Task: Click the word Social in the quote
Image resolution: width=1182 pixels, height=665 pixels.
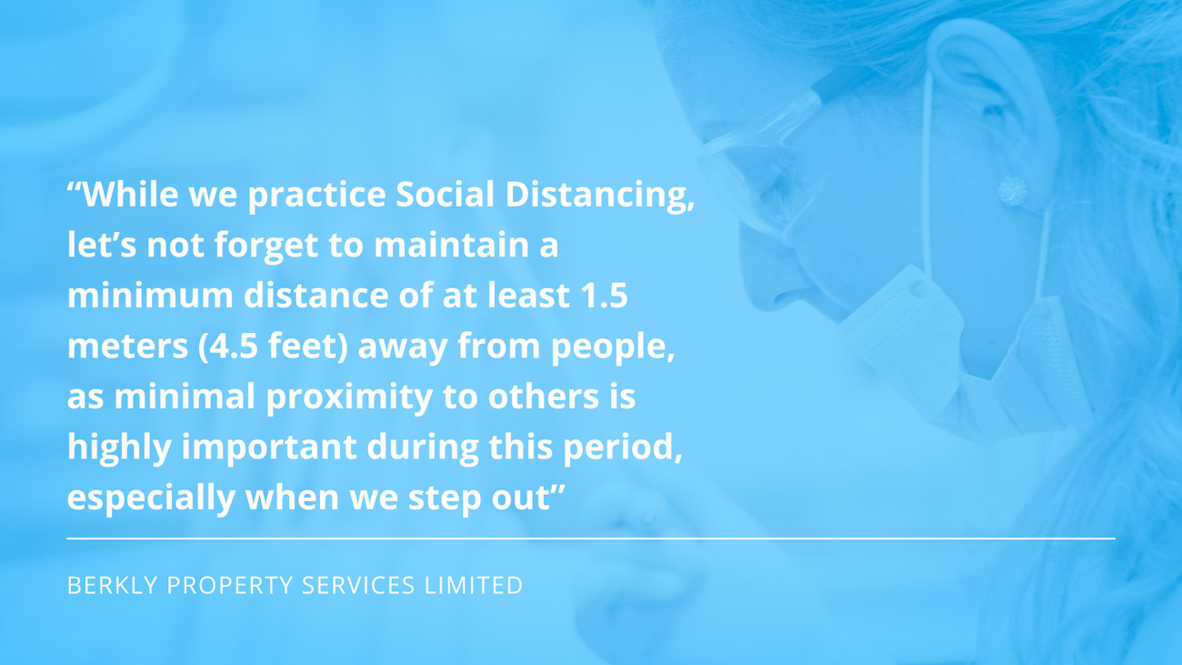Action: pyautogui.click(x=445, y=194)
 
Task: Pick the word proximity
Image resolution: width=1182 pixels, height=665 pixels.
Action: pyautogui.click(x=349, y=398)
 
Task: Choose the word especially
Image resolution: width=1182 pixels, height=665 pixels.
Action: pyautogui.click(x=151, y=499)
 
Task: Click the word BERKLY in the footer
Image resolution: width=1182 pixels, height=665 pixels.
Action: pyautogui.click(x=113, y=585)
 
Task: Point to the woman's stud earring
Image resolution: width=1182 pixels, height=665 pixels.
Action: pyautogui.click(x=1013, y=191)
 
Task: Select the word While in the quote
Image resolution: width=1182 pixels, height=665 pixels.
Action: pyautogui.click(x=131, y=194)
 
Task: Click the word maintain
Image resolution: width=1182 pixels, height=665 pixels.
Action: pyautogui.click(x=451, y=245)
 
